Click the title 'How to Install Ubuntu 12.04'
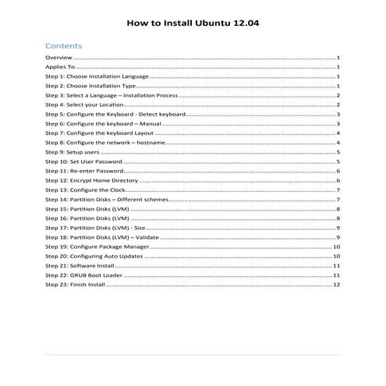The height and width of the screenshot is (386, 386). (193, 23)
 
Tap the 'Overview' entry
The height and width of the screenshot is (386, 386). (58, 58)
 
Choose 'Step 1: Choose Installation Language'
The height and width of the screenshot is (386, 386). (97, 77)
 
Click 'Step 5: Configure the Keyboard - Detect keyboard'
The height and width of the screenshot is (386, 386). (115, 115)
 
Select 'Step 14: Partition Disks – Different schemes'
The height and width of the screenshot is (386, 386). (106, 200)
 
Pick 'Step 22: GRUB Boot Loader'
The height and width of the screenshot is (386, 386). (84, 275)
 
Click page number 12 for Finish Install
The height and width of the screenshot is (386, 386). (336, 285)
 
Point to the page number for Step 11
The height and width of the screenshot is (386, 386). (338, 171)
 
